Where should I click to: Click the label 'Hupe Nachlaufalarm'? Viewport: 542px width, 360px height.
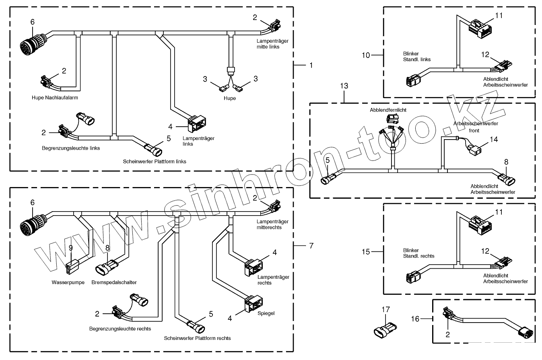[x=55, y=97]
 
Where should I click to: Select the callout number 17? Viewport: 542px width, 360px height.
[x=386, y=309]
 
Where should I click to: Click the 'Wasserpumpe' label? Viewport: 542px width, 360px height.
[x=68, y=282]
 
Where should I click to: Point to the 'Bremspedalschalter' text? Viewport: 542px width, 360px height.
[x=114, y=282]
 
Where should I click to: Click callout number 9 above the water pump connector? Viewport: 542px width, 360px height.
[x=71, y=248]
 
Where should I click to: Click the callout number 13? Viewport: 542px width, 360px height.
[x=344, y=86]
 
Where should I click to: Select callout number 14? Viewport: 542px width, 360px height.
[x=493, y=139]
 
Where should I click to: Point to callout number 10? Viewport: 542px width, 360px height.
[x=366, y=55]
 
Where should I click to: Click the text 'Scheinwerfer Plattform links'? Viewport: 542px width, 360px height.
[x=155, y=161]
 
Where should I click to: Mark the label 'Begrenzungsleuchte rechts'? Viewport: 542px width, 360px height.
[x=120, y=329]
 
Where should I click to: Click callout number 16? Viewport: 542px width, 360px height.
[x=416, y=319]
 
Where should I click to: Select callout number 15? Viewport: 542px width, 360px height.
[x=366, y=252]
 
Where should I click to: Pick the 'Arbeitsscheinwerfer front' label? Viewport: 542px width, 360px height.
[x=476, y=127]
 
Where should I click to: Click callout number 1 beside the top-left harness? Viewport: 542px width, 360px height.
[x=311, y=64]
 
